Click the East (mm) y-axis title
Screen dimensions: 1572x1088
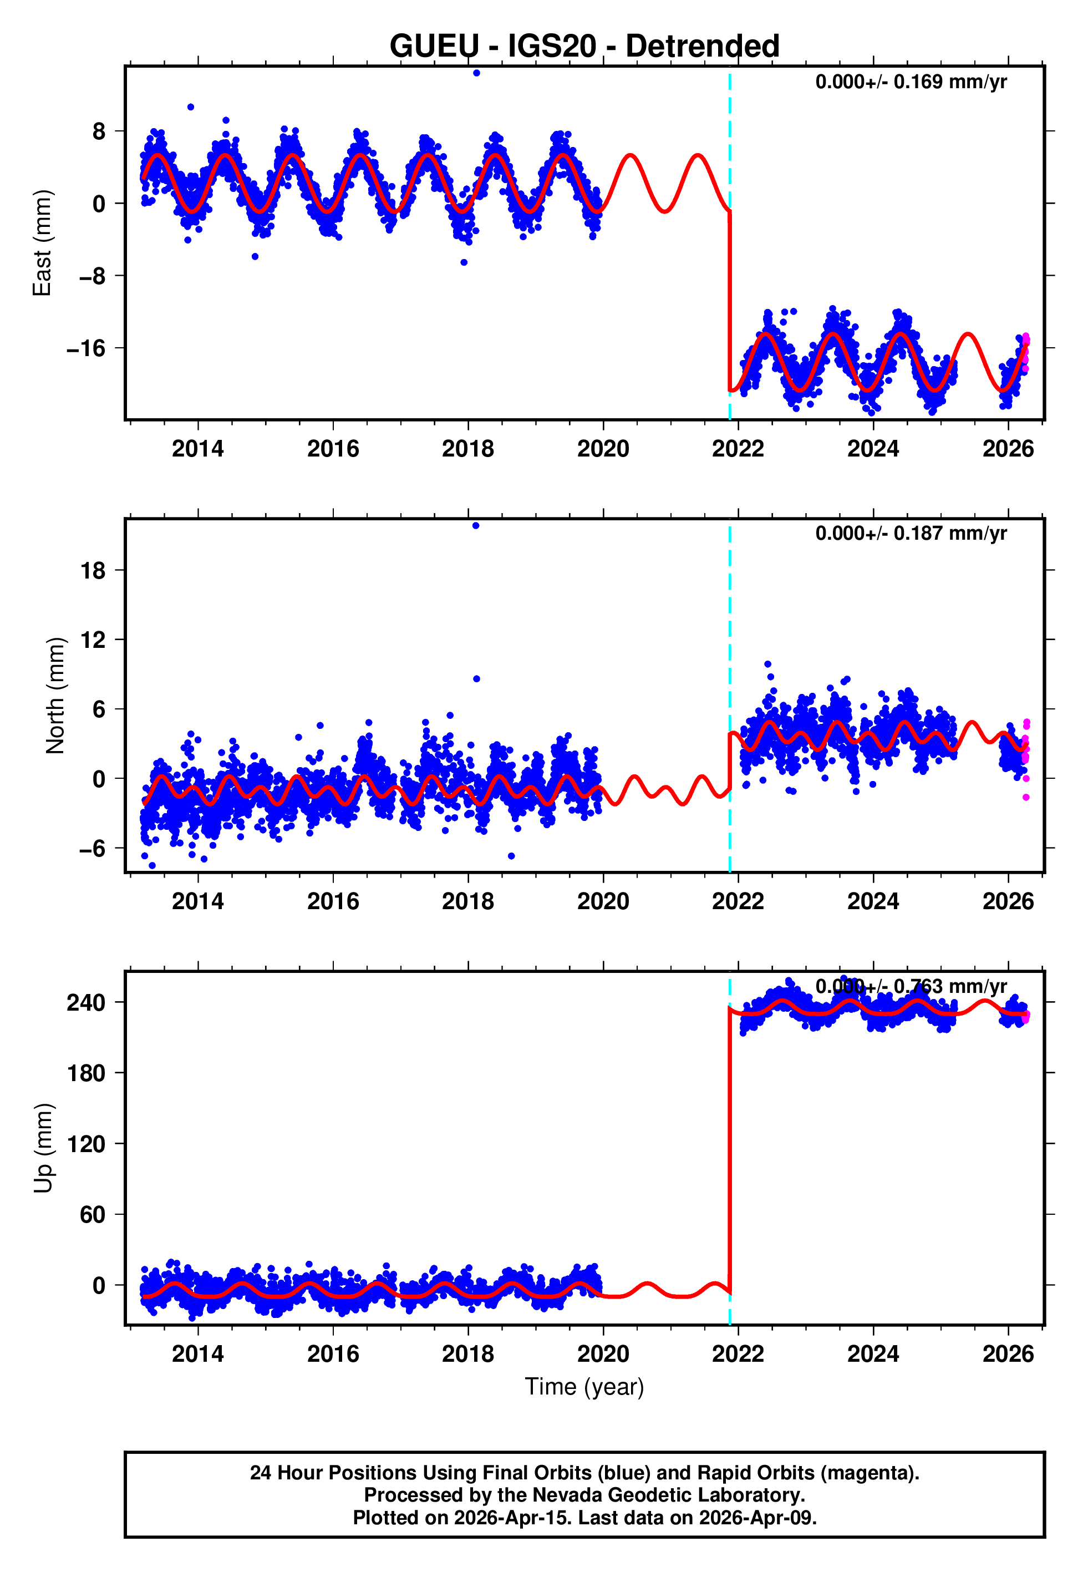pyautogui.click(x=42, y=243)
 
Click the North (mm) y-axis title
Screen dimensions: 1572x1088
pyautogui.click(x=54, y=696)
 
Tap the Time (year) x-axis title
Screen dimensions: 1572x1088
pyautogui.click(x=584, y=1387)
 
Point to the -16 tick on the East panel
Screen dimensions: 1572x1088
pyautogui.click(x=86, y=349)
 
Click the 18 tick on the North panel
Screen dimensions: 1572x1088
pyautogui.click(x=93, y=571)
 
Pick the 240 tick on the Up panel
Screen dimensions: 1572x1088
pyautogui.click(x=86, y=1003)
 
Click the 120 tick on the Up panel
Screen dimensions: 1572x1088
pyautogui.click(x=86, y=1144)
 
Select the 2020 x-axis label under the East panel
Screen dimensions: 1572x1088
pyautogui.click(x=603, y=449)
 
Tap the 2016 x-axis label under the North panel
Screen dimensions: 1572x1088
pyautogui.click(x=333, y=901)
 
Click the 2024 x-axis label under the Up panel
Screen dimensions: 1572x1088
pyautogui.click(x=873, y=1353)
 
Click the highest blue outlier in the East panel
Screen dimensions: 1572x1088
pyautogui.click(x=476, y=73)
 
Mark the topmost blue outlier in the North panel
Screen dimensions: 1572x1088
pyautogui.click(x=476, y=526)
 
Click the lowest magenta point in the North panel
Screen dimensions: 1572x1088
pyautogui.click(x=1026, y=798)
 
